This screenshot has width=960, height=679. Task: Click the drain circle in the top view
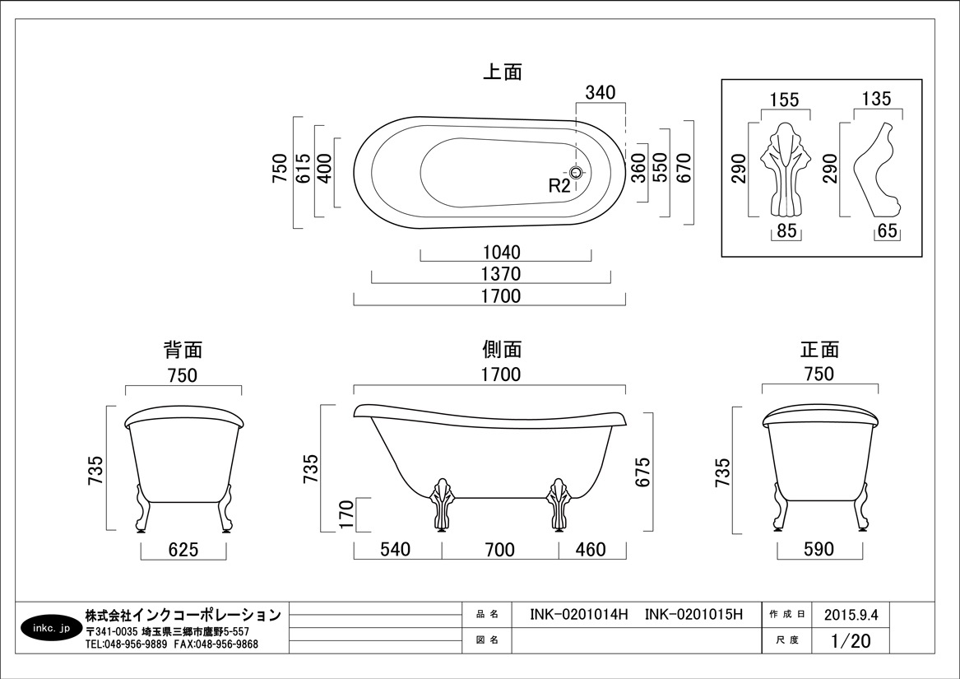577,172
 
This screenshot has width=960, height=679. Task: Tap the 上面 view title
502,72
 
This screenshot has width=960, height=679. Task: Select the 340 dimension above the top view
600,92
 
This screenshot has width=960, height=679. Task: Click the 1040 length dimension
502,252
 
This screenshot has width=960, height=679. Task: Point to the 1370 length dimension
502,274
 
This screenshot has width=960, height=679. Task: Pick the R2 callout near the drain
559,186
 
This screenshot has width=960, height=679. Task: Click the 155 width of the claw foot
785,100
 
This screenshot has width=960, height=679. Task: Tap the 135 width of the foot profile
877,99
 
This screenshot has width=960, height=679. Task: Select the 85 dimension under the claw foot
786,231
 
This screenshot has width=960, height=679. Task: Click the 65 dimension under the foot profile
887,231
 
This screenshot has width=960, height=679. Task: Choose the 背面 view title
183,350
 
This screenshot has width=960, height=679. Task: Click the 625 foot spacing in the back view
183,549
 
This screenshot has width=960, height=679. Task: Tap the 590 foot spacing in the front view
819,549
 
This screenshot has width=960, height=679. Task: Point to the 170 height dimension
346,514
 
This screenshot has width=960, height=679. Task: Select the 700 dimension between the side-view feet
499,549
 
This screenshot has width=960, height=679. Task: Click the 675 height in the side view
642,472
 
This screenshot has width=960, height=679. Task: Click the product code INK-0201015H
693,615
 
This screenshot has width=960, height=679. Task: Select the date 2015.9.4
851,615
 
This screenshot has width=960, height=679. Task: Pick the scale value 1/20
851,641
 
